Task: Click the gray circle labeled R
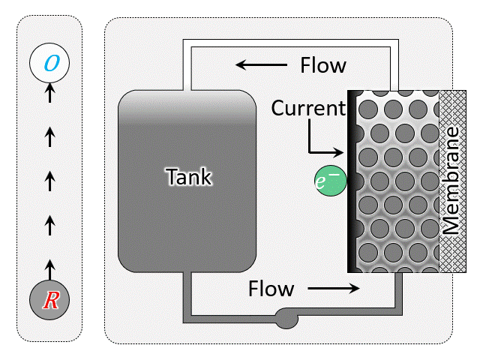[x=49, y=301]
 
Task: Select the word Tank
[x=189, y=177]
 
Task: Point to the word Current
[x=307, y=108]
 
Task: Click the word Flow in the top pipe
[x=323, y=65]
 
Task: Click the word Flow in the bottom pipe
[x=271, y=288]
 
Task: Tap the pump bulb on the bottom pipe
[x=286, y=318]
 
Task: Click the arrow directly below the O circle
[x=49, y=94]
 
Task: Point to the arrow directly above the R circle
[x=49, y=266]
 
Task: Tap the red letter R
[x=50, y=301]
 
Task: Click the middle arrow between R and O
[x=49, y=180]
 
